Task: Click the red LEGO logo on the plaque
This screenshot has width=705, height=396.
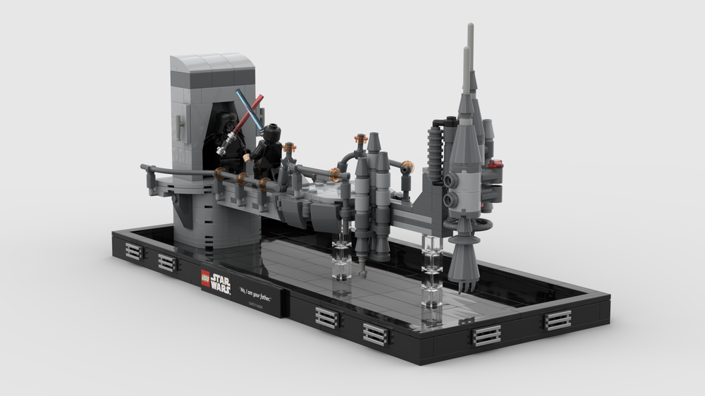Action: point(205,278)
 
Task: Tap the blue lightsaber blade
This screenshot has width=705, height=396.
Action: point(250,109)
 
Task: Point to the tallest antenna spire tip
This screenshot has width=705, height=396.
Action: point(470,32)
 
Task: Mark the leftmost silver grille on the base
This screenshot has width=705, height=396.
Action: point(134,252)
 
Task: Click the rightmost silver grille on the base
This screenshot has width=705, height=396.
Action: point(557,321)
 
